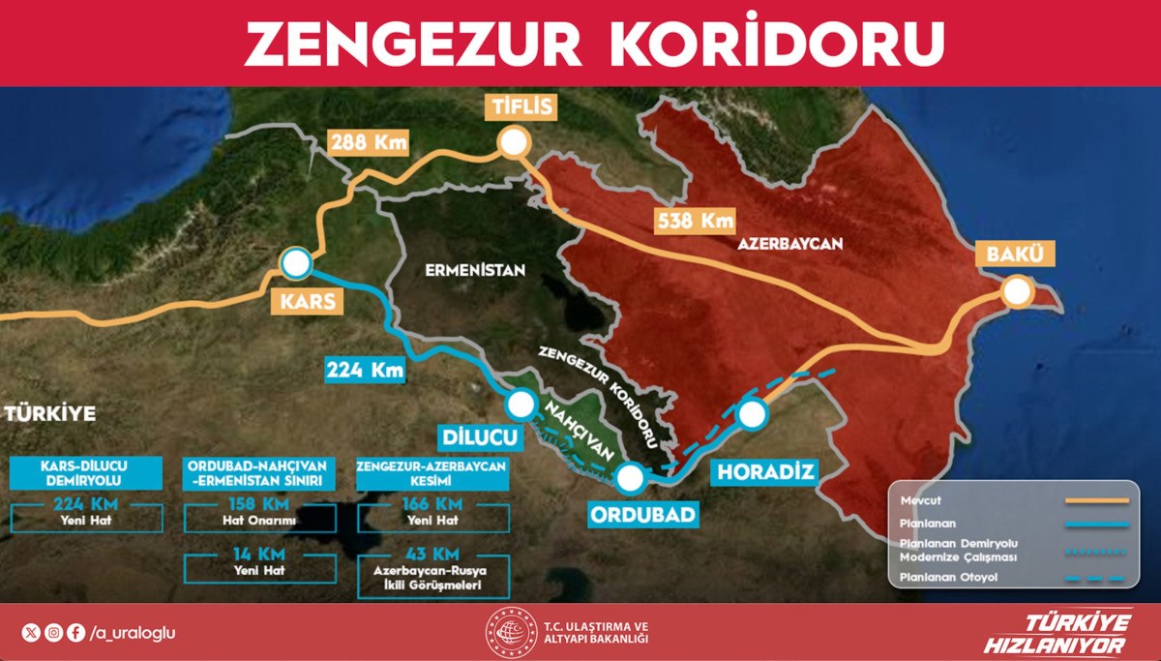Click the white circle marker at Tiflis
(514, 143)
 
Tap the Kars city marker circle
(295, 262)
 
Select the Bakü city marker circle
(1016, 292)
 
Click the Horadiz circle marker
(753, 414)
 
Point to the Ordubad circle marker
(630, 476)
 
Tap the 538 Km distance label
(693, 220)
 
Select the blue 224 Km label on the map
(365, 369)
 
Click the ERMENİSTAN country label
(475, 271)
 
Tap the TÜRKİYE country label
(50, 414)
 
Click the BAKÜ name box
(1015, 255)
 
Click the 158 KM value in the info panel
(260, 504)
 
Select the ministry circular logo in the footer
(511, 633)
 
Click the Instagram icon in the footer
(54, 633)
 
